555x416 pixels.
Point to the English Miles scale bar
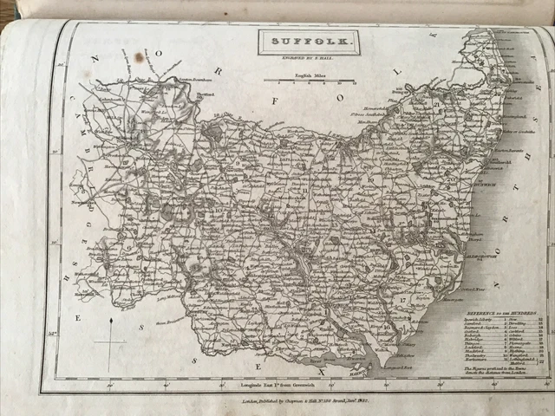click(x=309, y=81)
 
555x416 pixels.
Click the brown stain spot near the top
click(x=140, y=57)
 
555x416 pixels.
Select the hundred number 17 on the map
click(x=403, y=299)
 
